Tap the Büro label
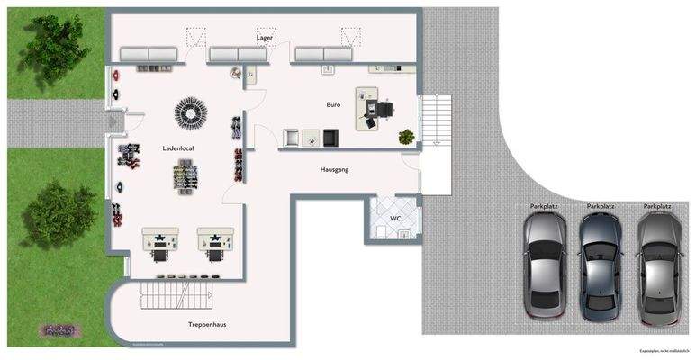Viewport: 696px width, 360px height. (x=334, y=105)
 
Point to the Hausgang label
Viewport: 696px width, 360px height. (x=334, y=169)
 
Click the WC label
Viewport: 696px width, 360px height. (x=394, y=219)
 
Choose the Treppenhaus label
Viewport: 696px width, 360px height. (x=206, y=324)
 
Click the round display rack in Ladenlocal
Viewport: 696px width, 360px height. (x=191, y=112)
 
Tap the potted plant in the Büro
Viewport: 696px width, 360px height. (x=407, y=137)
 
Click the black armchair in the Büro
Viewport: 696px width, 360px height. (x=330, y=137)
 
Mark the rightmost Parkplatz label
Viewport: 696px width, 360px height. (x=657, y=207)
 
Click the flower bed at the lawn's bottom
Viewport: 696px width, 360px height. (x=61, y=329)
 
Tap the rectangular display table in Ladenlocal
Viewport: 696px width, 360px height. (x=187, y=175)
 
